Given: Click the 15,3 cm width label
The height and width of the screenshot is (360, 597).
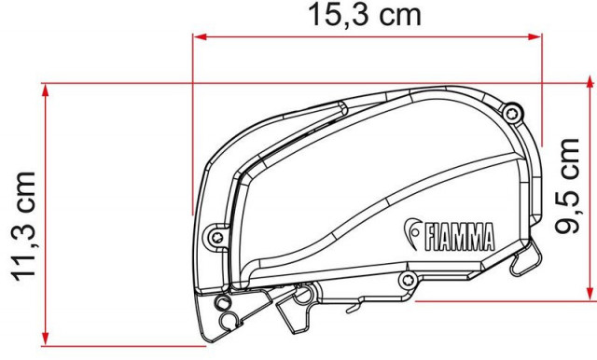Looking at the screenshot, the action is point(365,15).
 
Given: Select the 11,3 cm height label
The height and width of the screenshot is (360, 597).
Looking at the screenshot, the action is point(25,227).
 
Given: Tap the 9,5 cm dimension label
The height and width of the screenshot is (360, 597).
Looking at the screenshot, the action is point(567,187).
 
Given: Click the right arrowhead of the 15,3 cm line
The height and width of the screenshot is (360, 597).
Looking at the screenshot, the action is point(535,37).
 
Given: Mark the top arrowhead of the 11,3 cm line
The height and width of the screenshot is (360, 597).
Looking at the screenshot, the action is point(46,91).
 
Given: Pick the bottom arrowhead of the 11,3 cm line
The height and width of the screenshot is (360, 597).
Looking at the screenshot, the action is point(46,339).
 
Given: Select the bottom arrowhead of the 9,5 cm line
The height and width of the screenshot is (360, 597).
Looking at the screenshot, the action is point(590,294).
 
